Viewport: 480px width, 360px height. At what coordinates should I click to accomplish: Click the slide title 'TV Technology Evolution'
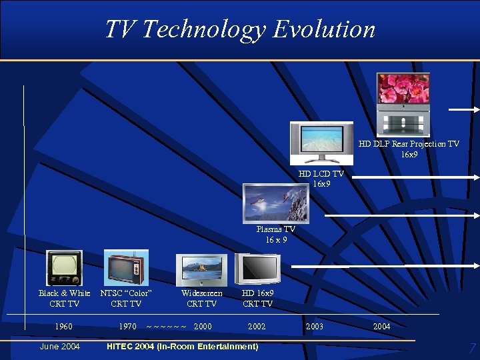[240, 29]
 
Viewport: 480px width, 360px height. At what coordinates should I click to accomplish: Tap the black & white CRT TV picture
[64, 268]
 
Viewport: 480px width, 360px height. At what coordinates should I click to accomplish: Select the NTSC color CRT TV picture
[126, 268]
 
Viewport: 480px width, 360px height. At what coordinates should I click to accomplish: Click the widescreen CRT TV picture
[201, 270]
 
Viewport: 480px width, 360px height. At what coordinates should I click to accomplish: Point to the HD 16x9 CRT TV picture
[258, 269]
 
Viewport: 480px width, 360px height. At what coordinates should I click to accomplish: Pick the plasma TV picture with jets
[275, 203]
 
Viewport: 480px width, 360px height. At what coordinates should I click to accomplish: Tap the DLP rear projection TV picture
[403, 105]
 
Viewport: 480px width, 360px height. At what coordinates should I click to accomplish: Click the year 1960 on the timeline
[64, 327]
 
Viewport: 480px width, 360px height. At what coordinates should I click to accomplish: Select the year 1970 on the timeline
[127, 327]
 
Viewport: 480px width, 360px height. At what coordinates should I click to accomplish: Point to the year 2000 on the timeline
[203, 327]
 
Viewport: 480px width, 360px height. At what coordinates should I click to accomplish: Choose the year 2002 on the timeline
[257, 327]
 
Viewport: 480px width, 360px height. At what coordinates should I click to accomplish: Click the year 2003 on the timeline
[314, 327]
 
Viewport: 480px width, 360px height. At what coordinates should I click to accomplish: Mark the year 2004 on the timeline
[381, 327]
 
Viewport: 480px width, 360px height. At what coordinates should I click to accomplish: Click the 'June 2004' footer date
[60, 347]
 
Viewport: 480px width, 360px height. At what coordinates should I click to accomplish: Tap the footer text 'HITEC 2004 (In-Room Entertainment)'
[182, 347]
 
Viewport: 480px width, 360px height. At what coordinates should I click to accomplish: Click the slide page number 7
[472, 348]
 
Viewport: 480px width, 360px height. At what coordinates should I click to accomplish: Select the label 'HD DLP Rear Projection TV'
[409, 144]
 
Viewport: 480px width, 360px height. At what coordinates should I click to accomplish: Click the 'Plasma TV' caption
[275, 229]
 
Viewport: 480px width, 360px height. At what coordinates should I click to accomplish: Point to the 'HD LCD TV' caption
[321, 174]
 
